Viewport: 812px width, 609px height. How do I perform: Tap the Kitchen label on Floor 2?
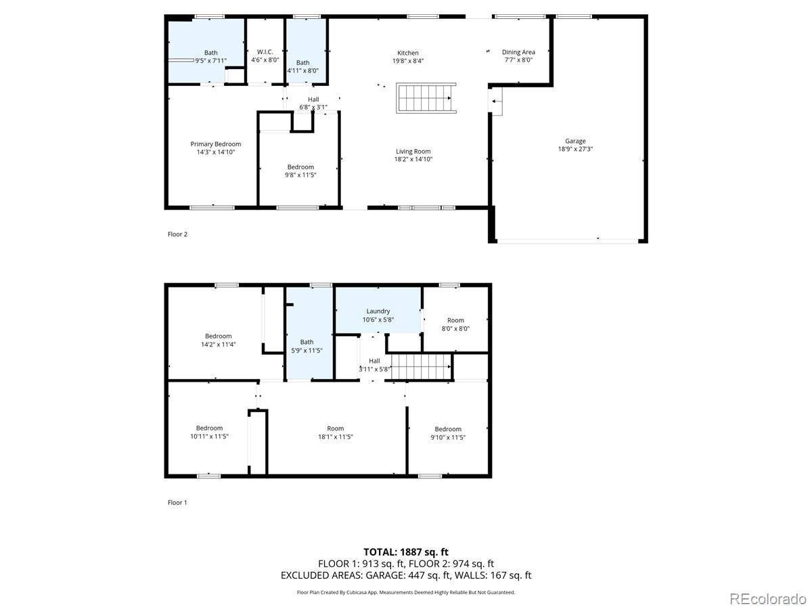click(407, 53)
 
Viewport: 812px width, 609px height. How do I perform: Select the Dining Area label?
click(518, 52)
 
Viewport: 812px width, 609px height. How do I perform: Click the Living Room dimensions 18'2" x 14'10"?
click(413, 160)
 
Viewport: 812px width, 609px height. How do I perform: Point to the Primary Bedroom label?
click(215, 144)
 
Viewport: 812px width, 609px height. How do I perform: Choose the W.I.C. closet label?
click(265, 52)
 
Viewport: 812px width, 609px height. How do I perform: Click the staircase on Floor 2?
click(426, 99)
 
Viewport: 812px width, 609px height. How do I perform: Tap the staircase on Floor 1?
click(422, 367)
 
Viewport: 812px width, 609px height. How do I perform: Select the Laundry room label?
click(378, 311)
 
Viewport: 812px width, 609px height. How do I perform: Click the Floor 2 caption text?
click(177, 234)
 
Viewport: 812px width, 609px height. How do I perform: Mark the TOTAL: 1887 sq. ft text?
click(406, 552)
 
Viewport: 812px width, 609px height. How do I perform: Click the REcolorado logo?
click(768, 598)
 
